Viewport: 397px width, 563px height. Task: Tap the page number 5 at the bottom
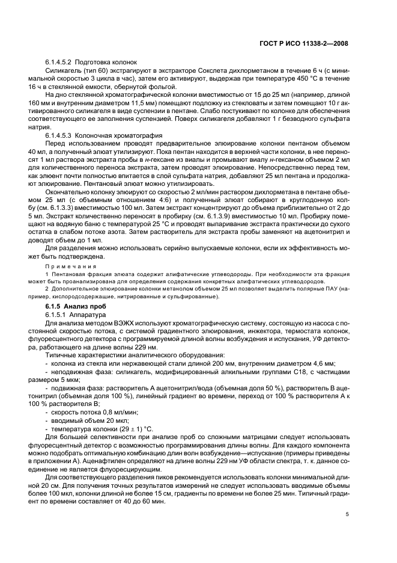pyautogui.click(x=347, y=514)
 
